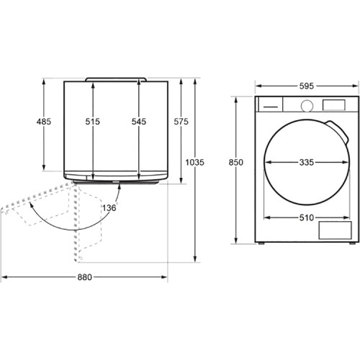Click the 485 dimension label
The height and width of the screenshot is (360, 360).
[x=44, y=122]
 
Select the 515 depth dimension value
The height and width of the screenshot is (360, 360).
[x=93, y=122]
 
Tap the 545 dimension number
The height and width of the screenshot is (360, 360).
[x=139, y=122]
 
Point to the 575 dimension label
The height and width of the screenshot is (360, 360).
[x=181, y=122]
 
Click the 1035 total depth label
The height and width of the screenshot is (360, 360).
[x=194, y=163]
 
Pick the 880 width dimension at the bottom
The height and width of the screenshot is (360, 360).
[x=85, y=277]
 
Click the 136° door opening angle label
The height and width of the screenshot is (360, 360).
[x=110, y=207]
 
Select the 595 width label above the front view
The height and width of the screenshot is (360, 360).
[x=307, y=86]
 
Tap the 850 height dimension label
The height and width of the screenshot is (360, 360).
[x=235, y=163]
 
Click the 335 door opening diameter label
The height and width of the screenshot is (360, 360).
[x=307, y=163]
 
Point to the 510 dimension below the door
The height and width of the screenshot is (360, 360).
[x=307, y=217]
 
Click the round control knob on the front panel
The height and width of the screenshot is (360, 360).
[x=307, y=106]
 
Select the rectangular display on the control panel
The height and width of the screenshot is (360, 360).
[x=333, y=105]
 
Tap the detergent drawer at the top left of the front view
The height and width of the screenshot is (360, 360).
[x=270, y=104]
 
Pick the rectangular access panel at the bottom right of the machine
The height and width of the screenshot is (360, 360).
[x=335, y=230]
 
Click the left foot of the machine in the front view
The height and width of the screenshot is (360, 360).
[x=261, y=243]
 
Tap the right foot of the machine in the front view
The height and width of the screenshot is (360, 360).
[x=352, y=243]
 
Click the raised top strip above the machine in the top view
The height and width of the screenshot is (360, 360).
[x=116, y=79]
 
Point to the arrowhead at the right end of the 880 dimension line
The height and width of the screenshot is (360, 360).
[x=164, y=277]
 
